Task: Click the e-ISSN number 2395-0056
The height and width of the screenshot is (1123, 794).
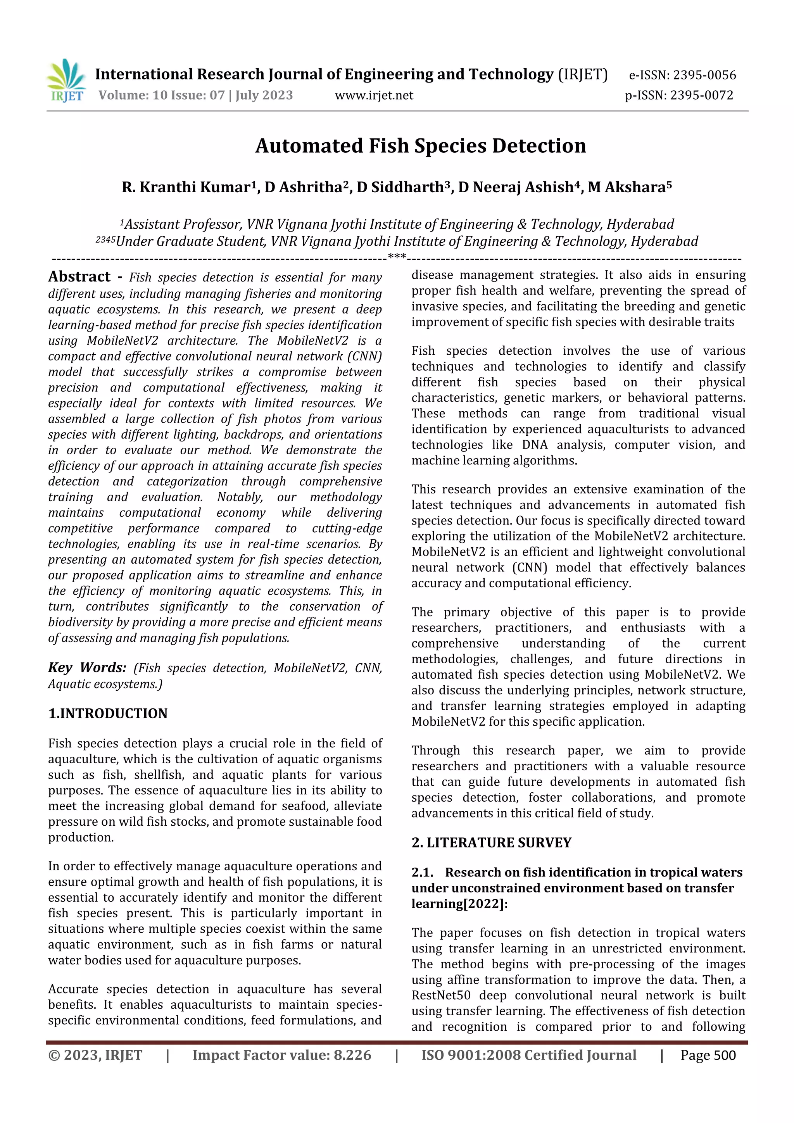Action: [x=704, y=75]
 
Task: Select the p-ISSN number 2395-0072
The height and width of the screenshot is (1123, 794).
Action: [x=702, y=95]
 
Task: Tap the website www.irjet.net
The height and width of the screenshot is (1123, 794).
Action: [x=374, y=95]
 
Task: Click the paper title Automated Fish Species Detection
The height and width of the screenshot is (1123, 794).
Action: [x=420, y=146]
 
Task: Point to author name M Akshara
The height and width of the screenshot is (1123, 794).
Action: [x=629, y=187]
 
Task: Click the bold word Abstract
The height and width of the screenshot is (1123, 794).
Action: [x=79, y=277]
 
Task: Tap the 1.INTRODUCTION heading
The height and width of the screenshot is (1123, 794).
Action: [x=108, y=714]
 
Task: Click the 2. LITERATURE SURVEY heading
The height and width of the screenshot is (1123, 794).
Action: [x=491, y=843]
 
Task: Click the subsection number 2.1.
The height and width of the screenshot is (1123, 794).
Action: [x=422, y=873]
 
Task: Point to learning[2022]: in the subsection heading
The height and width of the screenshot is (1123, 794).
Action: [x=459, y=904]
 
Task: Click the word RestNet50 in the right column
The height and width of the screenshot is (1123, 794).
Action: [x=441, y=995]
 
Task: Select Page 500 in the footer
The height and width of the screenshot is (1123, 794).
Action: [x=708, y=1056]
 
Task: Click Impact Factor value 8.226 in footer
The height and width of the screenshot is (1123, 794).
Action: [x=282, y=1056]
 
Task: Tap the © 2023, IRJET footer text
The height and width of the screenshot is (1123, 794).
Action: [x=95, y=1056]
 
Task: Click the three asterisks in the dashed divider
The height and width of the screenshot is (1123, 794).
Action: [x=397, y=256]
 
